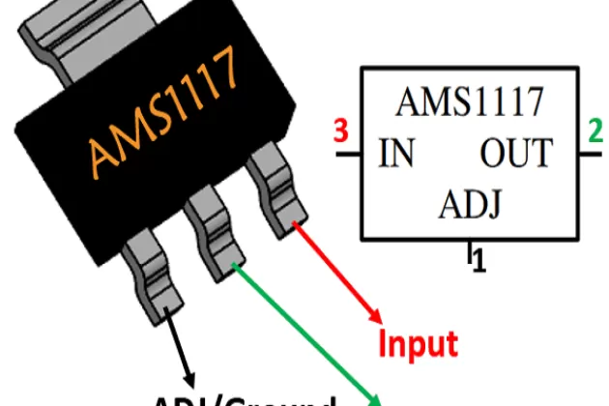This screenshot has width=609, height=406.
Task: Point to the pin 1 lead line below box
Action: pyautogui.click(x=471, y=249)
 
